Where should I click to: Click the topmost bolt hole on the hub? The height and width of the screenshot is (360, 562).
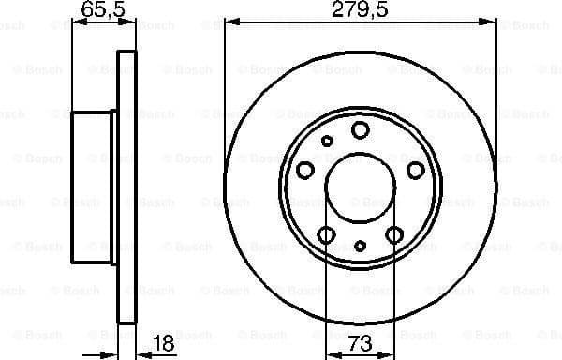pyautogui.click(x=361, y=130)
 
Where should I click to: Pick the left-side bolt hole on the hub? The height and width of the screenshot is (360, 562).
pyautogui.click(x=305, y=170)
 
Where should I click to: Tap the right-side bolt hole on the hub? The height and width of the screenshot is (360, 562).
pyautogui.click(x=417, y=170)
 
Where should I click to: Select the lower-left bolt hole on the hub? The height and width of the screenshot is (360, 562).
pyautogui.click(x=326, y=233)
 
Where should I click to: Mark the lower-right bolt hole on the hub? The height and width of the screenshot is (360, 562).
pyautogui.click(x=395, y=233)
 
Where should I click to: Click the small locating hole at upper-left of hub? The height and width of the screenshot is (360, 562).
pyautogui.click(x=327, y=141)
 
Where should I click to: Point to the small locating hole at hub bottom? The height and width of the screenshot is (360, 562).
pyautogui.click(x=361, y=247)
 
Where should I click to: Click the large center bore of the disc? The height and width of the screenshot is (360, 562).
pyautogui.click(x=361, y=187)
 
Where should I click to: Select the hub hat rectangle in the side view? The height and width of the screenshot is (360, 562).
pyautogui.click(x=93, y=187)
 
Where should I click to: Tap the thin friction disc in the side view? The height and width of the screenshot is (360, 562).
pyautogui.click(x=126, y=187)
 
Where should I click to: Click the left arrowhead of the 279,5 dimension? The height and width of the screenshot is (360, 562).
pyautogui.click(x=230, y=21)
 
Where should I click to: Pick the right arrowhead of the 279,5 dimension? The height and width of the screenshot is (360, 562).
pyautogui.click(x=492, y=21)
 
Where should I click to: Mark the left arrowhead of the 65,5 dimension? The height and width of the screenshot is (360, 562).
pyautogui.click(x=77, y=21)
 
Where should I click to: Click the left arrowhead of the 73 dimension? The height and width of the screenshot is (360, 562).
pyautogui.click(x=330, y=353)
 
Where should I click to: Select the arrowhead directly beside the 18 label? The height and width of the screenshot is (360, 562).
pyautogui.click(x=142, y=353)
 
